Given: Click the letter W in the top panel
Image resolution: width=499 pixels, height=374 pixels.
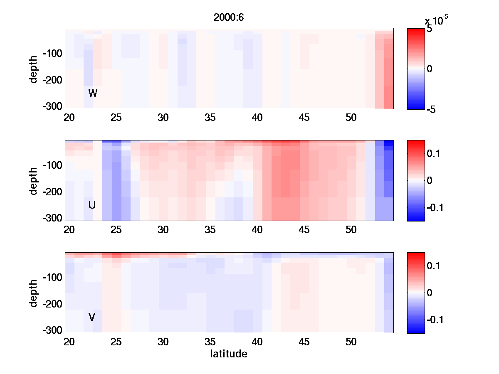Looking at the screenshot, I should (x=93, y=93).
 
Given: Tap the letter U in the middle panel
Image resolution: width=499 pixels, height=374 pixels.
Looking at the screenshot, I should (x=92, y=205).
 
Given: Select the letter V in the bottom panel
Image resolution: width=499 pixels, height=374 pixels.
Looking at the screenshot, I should (x=92, y=317).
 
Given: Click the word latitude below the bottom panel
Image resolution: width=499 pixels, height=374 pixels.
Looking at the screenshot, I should (x=228, y=354).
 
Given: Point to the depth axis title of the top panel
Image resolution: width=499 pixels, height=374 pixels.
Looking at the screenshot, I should (x=34, y=69).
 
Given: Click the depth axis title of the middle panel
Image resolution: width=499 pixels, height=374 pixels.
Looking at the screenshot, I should (x=34, y=181).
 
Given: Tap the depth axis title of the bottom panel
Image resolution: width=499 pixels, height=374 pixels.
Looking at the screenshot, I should (x=34, y=293).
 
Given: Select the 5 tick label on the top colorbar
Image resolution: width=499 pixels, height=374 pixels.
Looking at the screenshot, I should (x=429, y=30).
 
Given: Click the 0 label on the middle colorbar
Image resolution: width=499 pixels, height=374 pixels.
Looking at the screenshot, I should (x=430, y=181).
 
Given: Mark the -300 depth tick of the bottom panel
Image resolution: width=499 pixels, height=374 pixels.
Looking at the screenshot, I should (x=52, y=330).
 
